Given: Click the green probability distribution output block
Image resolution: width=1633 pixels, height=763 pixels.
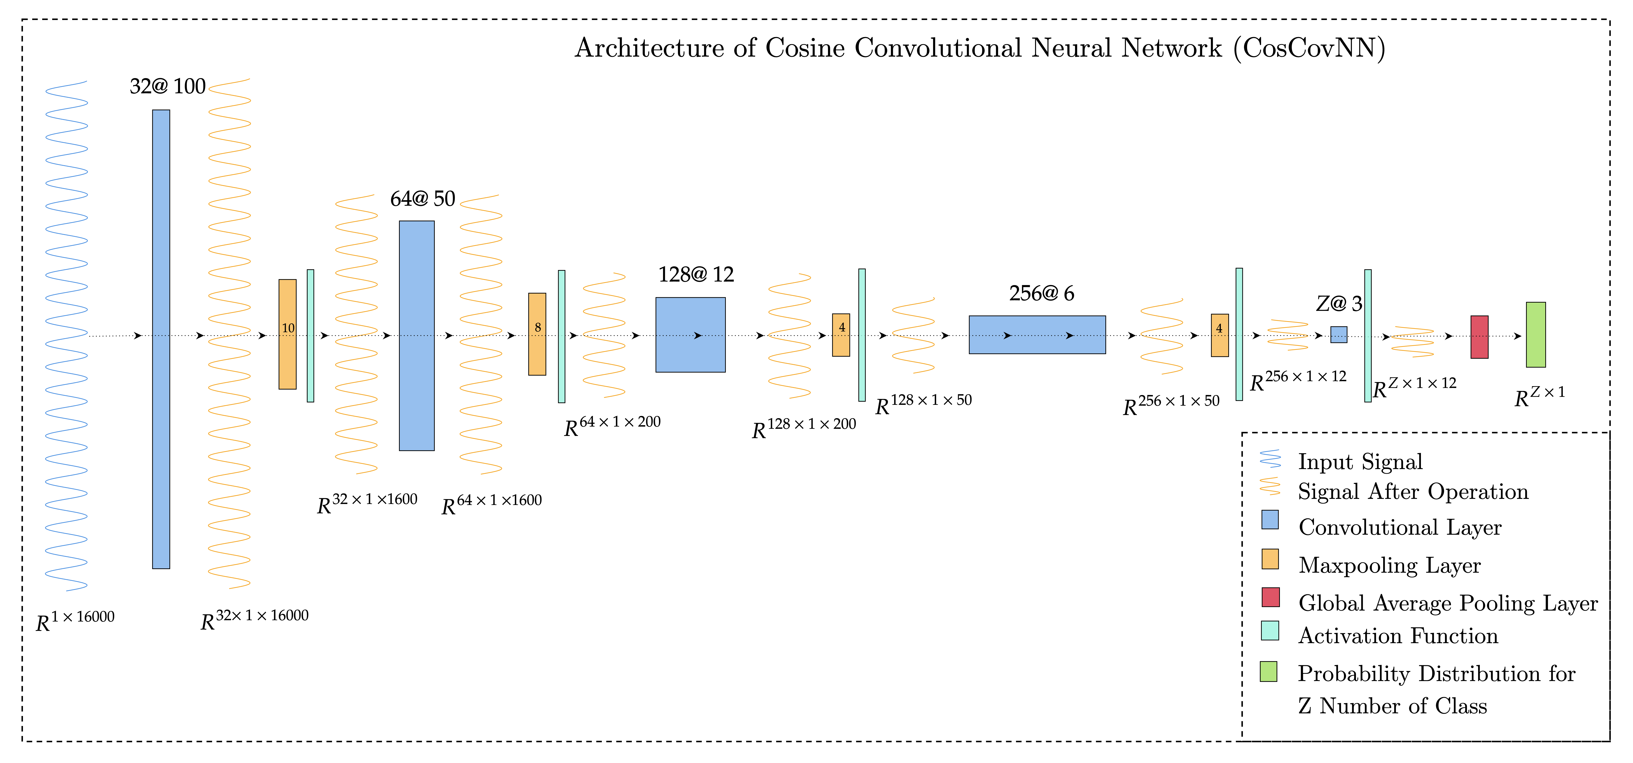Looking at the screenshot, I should pos(1535,334).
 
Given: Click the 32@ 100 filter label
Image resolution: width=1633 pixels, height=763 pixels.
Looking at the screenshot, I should pos(167,86).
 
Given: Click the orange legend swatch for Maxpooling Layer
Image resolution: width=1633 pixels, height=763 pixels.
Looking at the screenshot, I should pos(1270,559).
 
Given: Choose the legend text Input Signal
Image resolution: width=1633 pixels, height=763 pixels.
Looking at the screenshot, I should pos(1360,462).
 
